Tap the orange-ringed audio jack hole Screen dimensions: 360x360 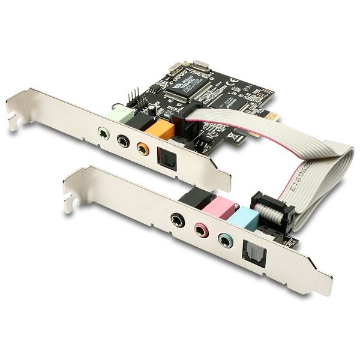(x=142, y=147)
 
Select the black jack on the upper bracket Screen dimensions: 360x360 (x=122, y=141)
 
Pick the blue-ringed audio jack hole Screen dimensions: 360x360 (x=224, y=241)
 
